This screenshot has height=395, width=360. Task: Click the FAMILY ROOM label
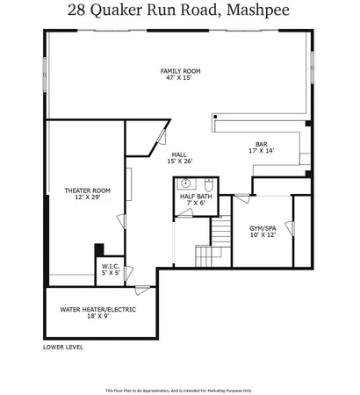(180, 70)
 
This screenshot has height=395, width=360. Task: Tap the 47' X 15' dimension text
(180, 78)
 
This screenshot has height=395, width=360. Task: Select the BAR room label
(261, 143)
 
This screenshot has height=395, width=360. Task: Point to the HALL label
(180, 153)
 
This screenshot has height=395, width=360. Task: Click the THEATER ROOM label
(86, 190)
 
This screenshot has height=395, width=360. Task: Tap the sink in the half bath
(185, 184)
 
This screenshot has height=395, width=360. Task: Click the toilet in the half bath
(208, 184)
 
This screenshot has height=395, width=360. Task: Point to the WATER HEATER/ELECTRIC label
(99, 309)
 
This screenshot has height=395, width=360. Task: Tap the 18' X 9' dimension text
(99, 317)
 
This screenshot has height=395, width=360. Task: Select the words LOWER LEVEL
(63, 348)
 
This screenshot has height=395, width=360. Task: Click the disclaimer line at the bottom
(179, 390)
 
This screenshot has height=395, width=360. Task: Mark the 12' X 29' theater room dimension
(86, 197)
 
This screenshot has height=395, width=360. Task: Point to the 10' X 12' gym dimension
(263, 234)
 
